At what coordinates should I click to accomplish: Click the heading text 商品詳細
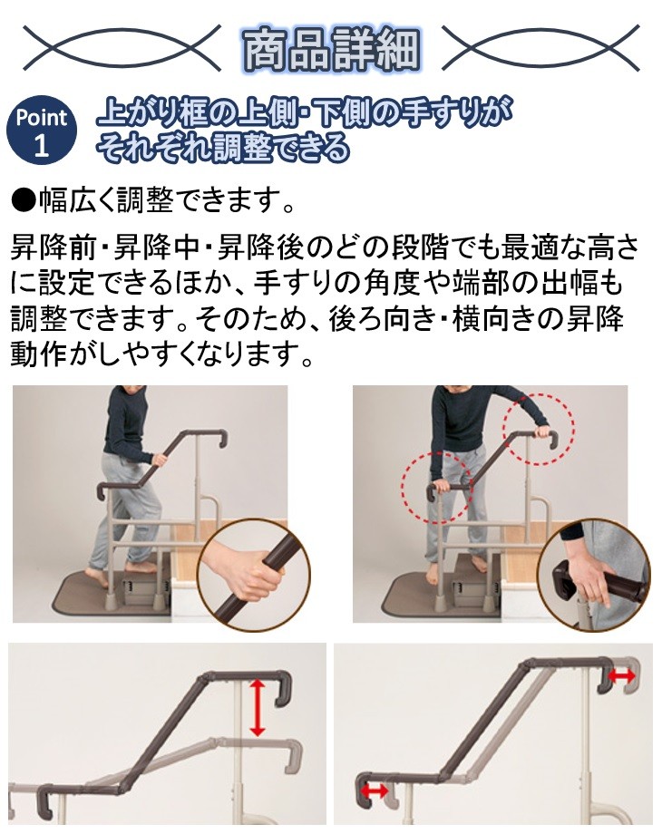click(331, 48)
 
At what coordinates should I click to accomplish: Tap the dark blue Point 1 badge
click(41, 131)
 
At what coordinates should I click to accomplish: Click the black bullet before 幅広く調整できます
click(23, 199)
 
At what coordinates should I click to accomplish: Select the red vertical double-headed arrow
click(258, 707)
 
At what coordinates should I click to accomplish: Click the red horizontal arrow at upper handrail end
click(621, 676)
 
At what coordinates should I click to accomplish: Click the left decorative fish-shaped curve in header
click(122, 48)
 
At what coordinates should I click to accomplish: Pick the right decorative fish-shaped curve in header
click(540, 48)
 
